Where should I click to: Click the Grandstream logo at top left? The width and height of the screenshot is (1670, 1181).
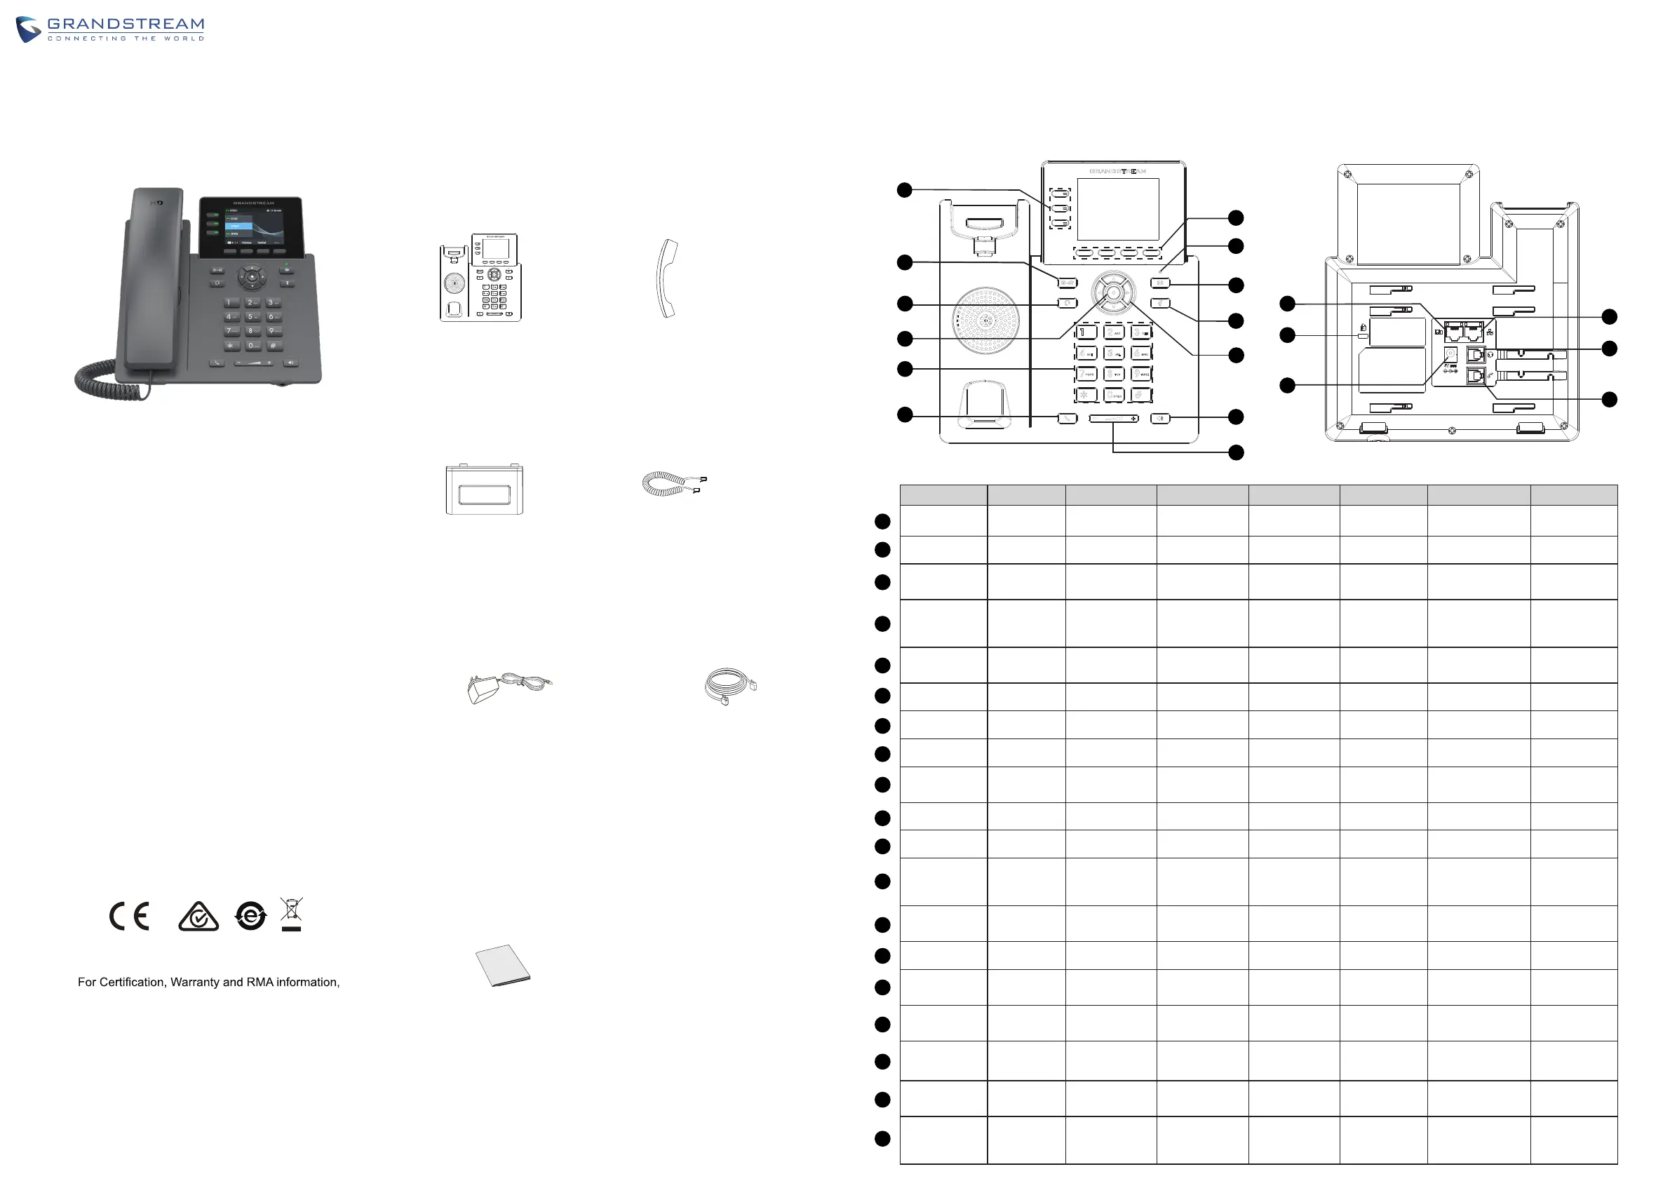pos(110,29)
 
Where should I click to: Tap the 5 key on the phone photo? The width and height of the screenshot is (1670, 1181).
pos(251,316)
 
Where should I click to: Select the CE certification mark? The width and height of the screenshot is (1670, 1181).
pos(130,917)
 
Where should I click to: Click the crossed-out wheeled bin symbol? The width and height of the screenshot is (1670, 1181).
pos(291,912)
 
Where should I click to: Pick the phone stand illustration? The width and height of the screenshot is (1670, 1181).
pos(485,489)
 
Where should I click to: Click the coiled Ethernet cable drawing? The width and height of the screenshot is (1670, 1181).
pos(729,686)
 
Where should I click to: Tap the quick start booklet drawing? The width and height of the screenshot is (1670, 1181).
pos(503,965)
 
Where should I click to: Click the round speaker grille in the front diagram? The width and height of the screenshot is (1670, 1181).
pos(985,320)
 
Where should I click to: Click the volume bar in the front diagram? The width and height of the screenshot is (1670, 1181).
pos(1113,419)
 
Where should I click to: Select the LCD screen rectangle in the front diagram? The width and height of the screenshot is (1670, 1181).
pos(1117,209)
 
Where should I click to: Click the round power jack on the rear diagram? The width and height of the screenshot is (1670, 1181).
pos(1450,354)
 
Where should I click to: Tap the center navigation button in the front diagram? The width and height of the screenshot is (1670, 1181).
pos(1114,292)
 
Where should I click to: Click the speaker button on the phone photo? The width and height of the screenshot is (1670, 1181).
pos(291,362)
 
